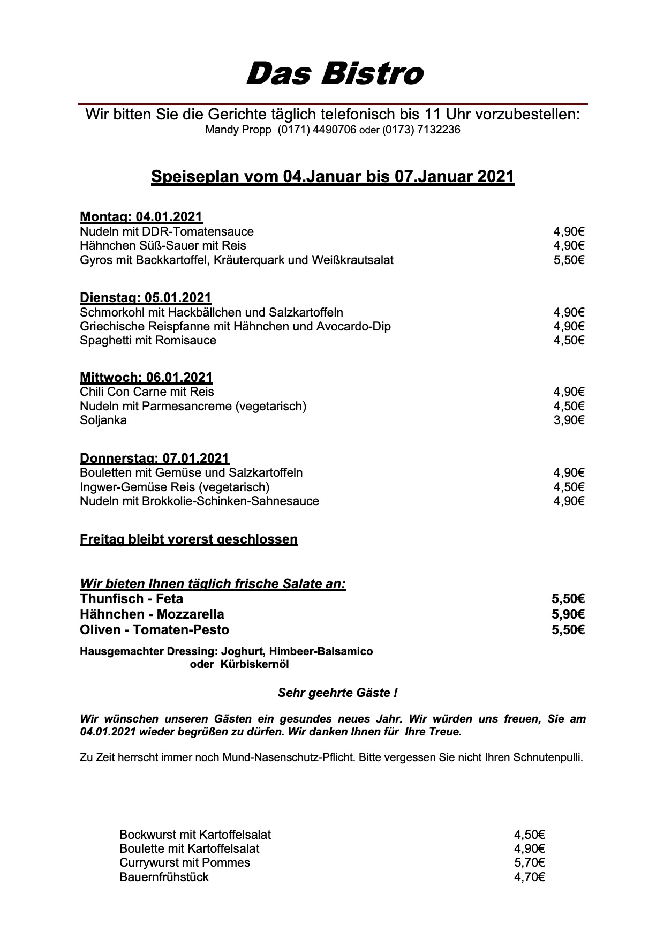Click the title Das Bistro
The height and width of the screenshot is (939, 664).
point(335,73)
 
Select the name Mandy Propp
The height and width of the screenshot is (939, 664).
point(238,130)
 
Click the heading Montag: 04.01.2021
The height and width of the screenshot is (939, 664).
point(141,217)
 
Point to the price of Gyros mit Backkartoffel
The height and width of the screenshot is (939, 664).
point(569,260)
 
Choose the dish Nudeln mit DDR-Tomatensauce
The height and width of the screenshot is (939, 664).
point(167,231)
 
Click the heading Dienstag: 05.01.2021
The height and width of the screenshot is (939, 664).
point(146,298)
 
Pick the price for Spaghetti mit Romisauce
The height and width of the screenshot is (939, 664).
point(569,341)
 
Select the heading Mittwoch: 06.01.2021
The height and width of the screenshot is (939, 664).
point(146,378)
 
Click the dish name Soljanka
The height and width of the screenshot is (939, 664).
point(103,420)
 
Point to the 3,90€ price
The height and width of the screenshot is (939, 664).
point(569,420)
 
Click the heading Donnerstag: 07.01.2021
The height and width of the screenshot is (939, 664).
point(154,459)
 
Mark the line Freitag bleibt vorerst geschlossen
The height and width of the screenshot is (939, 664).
point(188,539)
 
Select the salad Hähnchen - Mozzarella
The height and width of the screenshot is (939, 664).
point(152,614)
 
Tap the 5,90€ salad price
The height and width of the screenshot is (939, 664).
point(568,614)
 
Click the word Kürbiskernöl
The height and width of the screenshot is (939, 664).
point(254,665)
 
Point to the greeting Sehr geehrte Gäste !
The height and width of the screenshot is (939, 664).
point(337,693)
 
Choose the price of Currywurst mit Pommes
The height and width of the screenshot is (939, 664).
point(530,863)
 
